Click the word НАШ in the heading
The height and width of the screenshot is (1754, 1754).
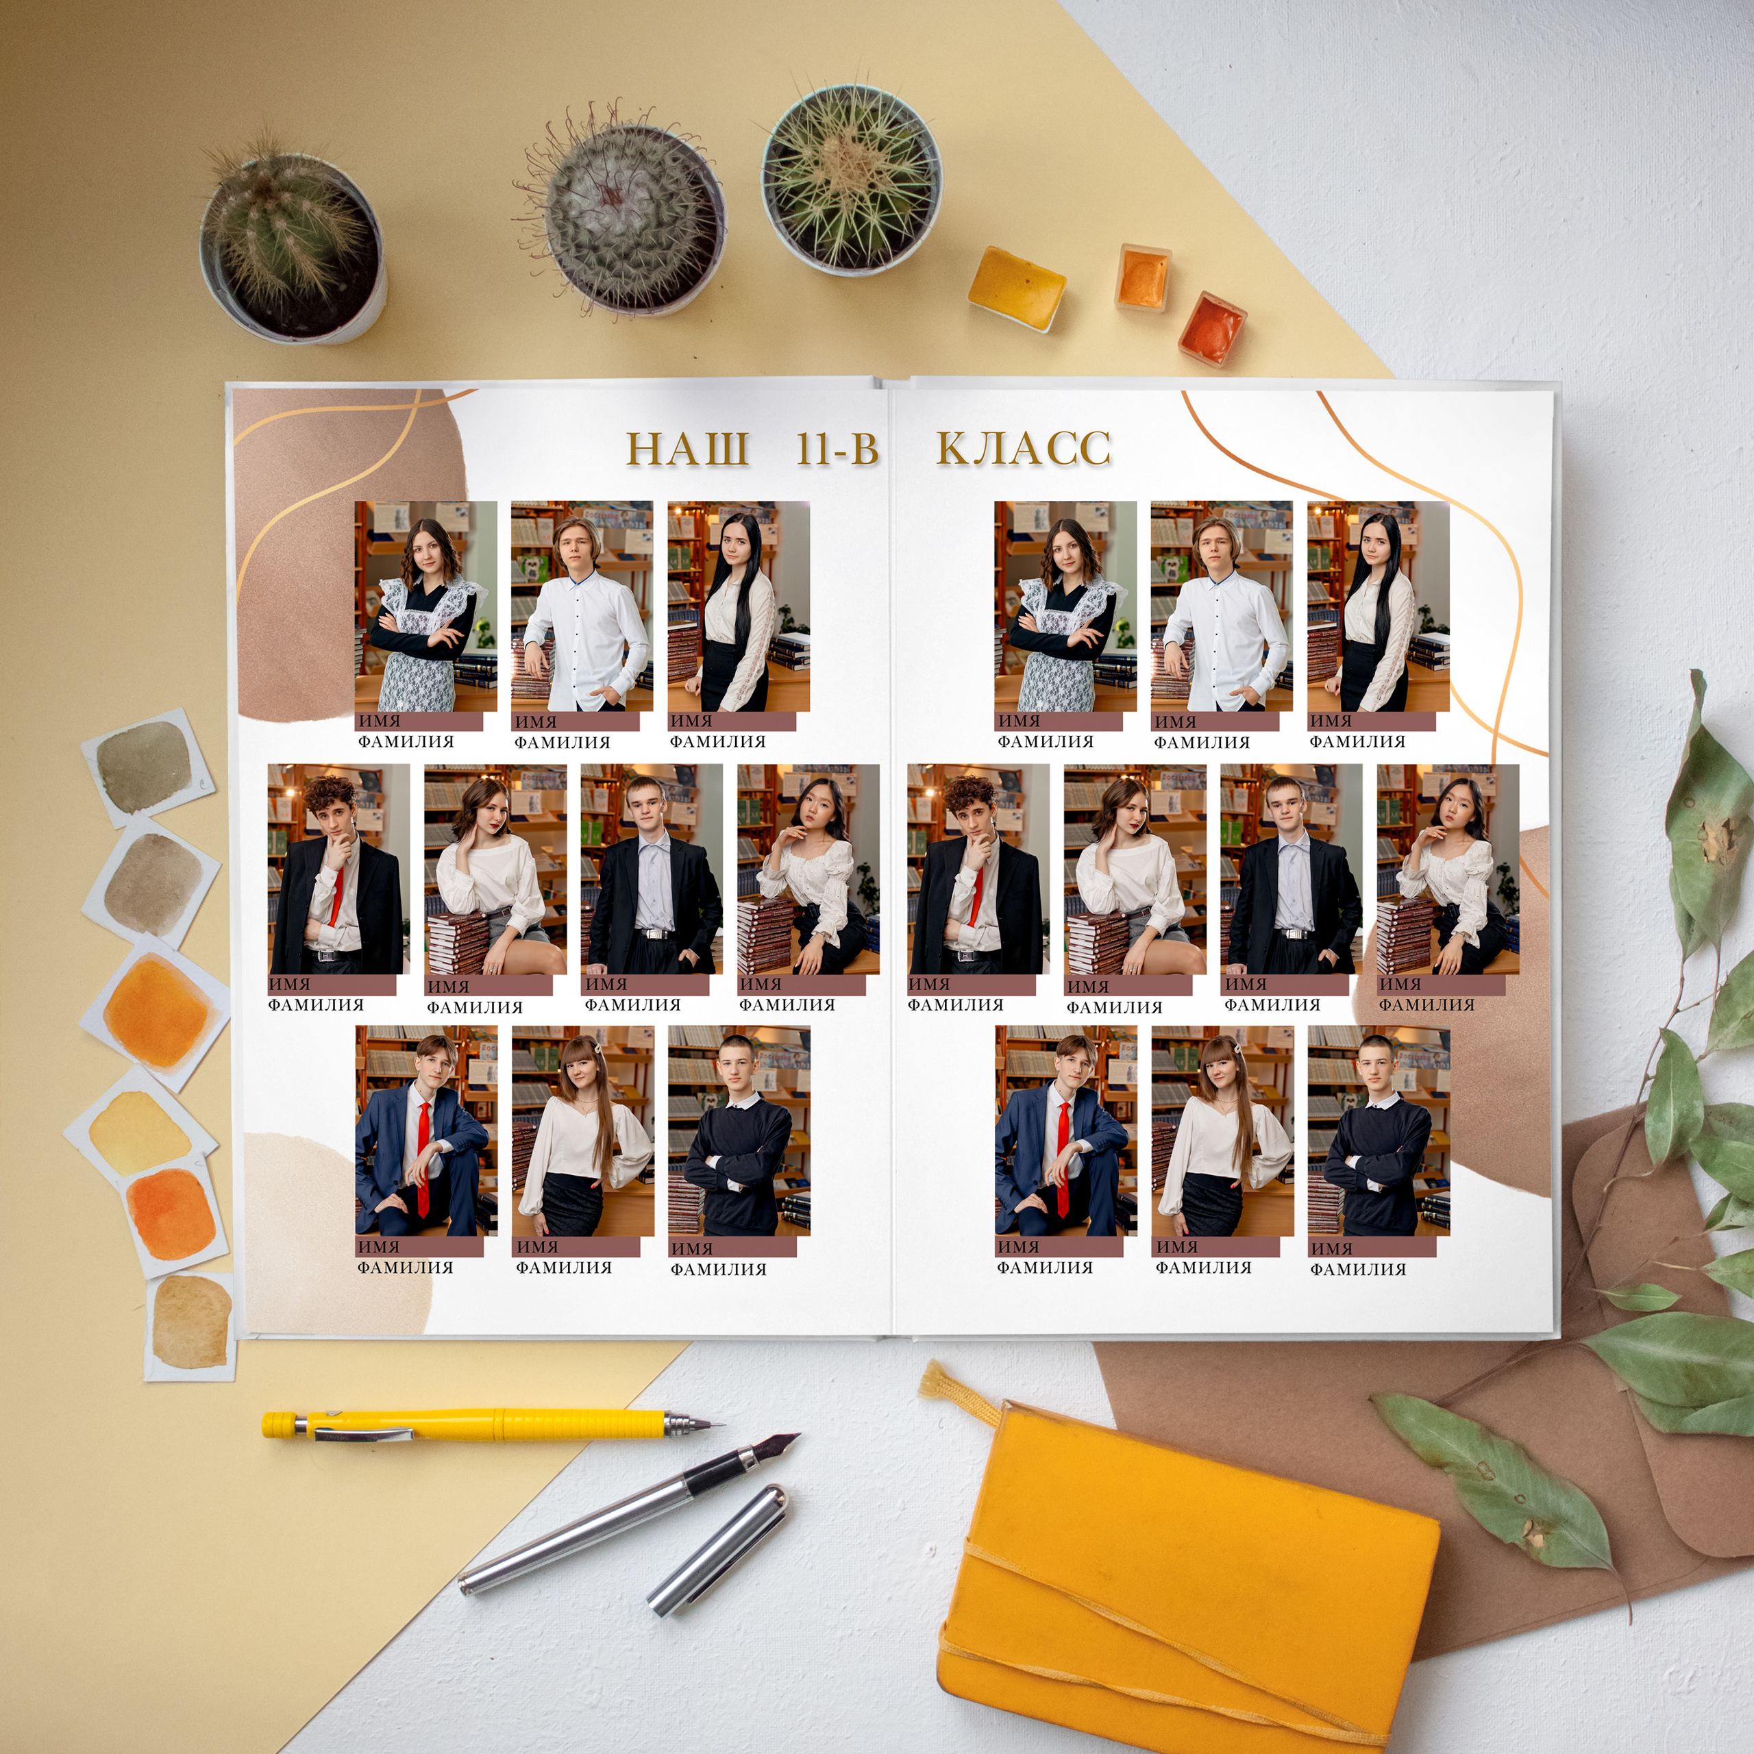(x=688, y=449)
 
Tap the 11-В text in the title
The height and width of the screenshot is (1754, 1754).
(x=837, y=449)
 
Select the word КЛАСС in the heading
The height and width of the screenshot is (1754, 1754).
(x=1023, y=449)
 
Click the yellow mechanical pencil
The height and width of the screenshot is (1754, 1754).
(x=491, y=1424)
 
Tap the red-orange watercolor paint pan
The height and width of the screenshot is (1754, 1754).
(x=1211, y=327)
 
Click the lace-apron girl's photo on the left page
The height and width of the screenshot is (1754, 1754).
(x=425, y=606)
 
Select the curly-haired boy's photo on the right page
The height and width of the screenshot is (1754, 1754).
(x=978, y=869)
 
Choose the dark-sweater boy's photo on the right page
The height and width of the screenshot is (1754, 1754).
(x=1378, y=1131)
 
